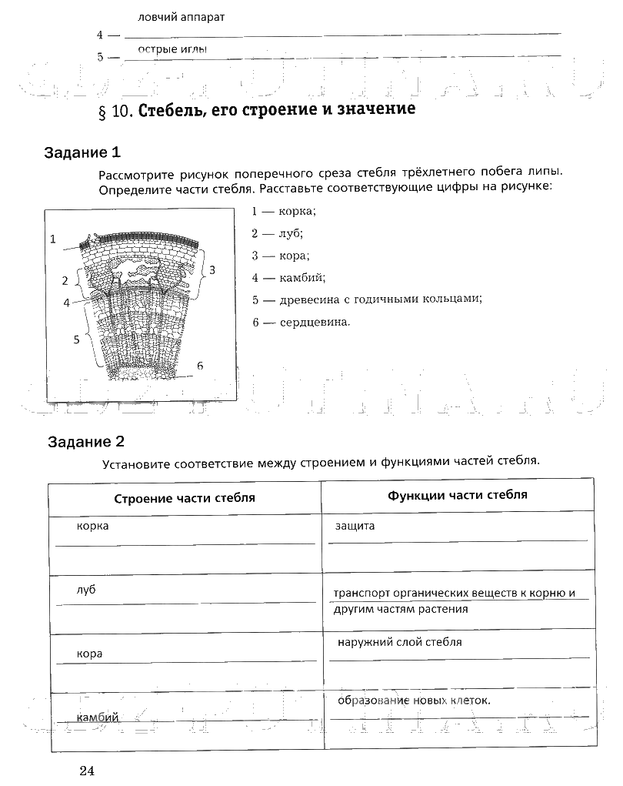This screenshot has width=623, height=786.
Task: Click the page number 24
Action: (x=85, y=771)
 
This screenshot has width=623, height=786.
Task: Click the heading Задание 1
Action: (x=82, y=152)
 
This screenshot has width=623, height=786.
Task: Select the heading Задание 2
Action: (x=85, y=442)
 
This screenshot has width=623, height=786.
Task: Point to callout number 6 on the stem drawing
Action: (x=200, y=365)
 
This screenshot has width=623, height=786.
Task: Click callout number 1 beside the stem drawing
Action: (x=54, y=239)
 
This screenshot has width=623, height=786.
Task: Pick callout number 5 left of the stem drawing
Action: (x=77, y=339)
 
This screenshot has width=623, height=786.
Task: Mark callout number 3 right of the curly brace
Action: (x=212, y=269)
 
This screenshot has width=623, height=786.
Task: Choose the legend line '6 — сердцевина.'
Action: (x=301, y=322)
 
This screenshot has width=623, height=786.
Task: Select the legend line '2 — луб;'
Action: (x=278, y=232)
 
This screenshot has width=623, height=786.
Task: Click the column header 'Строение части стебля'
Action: (x=185, y=498)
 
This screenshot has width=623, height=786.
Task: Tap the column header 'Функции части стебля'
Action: (x=458, y=495)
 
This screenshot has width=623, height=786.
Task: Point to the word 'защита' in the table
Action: (x=355, y=527)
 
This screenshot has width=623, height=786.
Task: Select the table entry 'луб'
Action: (x=85, y=590)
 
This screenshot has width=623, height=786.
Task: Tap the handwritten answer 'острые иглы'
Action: (x=173, y=49)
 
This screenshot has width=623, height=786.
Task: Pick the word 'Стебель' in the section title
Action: (x=171, y=110)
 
